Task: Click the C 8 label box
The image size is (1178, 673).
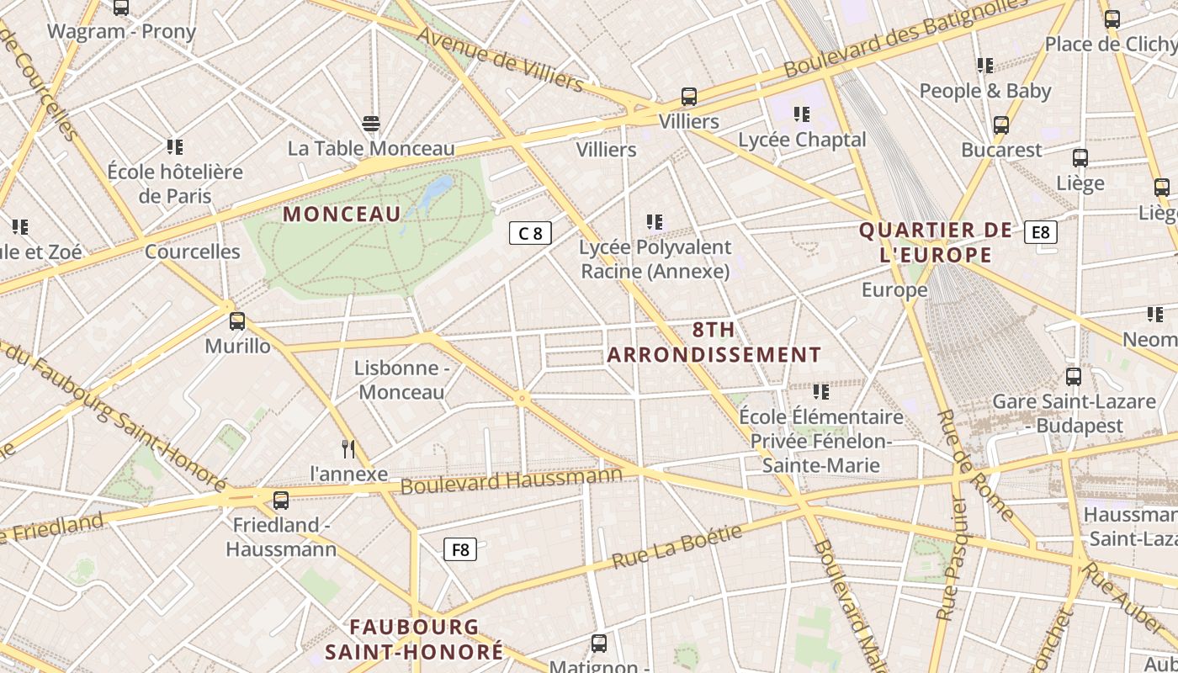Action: click(530, 233)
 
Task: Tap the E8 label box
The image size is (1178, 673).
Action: click(1041, 232)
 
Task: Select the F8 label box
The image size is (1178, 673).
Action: click(460, 549)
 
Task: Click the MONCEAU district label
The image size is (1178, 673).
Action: click(342, 214)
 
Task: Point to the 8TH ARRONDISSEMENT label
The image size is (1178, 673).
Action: click(714, 342)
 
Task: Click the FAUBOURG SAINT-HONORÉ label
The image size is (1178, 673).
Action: click(414, 639)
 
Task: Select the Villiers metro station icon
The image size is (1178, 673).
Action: click(689, 97)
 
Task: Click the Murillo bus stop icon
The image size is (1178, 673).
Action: click(237, 321)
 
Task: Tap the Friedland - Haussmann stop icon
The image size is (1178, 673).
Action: click(281, 501)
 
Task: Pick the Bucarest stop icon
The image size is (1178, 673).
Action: click(1001, 125)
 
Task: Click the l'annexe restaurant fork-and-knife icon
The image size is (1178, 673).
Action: click(348, 448)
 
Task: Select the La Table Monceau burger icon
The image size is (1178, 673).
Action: click(371, 124)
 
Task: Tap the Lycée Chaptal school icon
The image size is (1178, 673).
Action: click(802, 114)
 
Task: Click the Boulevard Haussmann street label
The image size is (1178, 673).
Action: click(511, 481)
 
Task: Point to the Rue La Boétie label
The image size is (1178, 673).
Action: click(677, 547)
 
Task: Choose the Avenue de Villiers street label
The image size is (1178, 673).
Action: click(500, 59)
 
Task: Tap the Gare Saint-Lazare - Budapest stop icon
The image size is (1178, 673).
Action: click(1073, 376)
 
